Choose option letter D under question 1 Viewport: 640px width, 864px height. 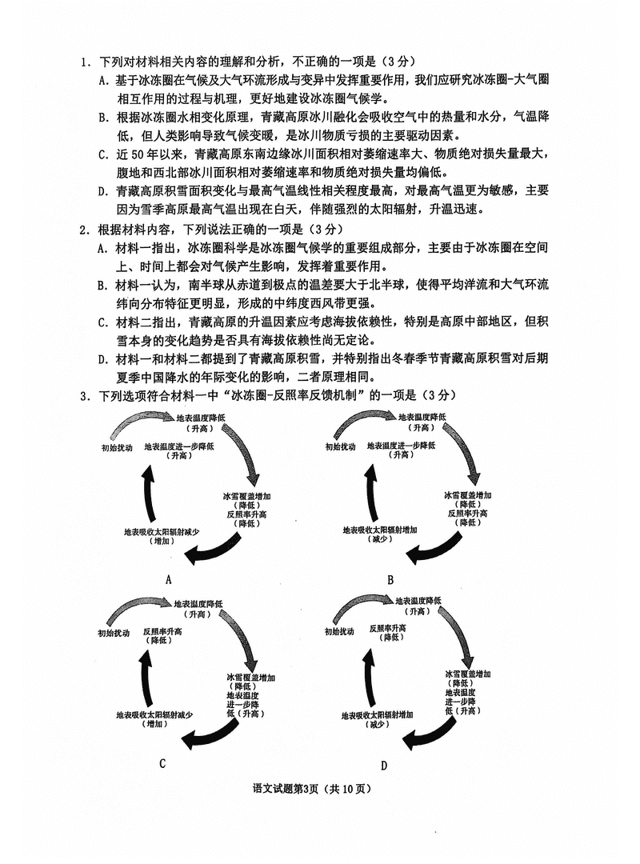click(103, 191)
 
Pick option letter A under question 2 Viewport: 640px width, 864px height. click(103, 248)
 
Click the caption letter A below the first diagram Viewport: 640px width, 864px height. click(168, 579)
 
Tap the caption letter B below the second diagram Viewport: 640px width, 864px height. click(390, 579)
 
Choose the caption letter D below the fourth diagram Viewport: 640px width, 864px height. click(384, 766)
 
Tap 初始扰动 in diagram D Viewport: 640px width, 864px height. click(339, 632)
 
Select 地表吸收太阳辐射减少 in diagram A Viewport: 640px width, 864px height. click(161, 532)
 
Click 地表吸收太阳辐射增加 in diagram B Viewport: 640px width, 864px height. click(379, 530)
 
